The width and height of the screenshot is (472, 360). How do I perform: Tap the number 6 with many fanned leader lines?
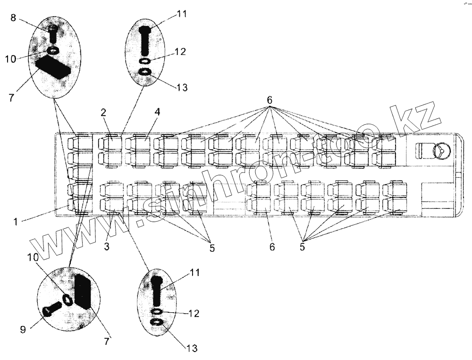pyautogui.click(x=270, y=100)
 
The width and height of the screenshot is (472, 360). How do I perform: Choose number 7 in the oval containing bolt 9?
pyautogui.click(x=106, y=341)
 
